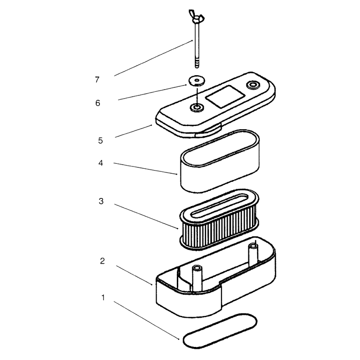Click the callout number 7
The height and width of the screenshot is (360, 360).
97,80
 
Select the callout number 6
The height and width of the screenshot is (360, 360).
98,103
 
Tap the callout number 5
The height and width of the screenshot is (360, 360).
100,140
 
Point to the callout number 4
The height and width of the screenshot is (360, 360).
100,163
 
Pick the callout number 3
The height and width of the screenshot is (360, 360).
101,201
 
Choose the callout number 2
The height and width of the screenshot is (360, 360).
103,261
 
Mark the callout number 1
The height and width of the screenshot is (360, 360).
103,297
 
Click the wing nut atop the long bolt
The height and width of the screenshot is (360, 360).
196,17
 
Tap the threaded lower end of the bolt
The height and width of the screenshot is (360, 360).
197,63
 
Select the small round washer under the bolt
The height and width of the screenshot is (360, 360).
197,81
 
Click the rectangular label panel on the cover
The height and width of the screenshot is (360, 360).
225,97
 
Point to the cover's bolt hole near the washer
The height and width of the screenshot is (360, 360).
197,107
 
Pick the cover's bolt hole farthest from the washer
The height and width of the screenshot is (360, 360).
253,85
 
